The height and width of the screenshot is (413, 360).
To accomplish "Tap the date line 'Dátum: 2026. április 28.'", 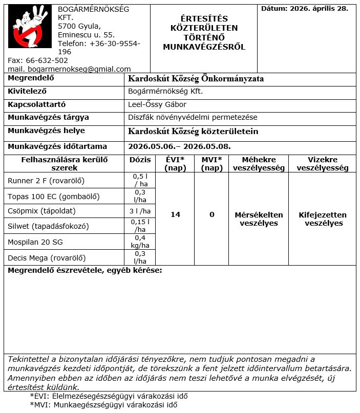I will tap(304, 9).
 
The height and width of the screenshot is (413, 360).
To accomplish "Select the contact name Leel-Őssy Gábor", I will tap(157, 104).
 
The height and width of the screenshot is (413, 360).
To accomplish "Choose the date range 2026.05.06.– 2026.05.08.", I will tap(179, 146).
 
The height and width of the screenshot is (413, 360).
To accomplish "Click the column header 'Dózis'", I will tap(140, 160).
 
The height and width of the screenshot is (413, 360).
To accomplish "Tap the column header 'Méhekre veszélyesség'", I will tap(259, 164).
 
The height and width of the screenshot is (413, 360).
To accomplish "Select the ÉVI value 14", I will tap(175, 215).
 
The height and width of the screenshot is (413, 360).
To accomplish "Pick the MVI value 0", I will tap(212, 215).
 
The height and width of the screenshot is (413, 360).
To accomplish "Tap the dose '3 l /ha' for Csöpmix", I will tap(140, 211).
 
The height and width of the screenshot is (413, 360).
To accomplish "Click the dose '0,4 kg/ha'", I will tap(140, 242).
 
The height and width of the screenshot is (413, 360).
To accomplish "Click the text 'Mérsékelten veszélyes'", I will tap(259, 219).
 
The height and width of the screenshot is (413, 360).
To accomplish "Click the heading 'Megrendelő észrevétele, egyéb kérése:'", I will tap(84, 270).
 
